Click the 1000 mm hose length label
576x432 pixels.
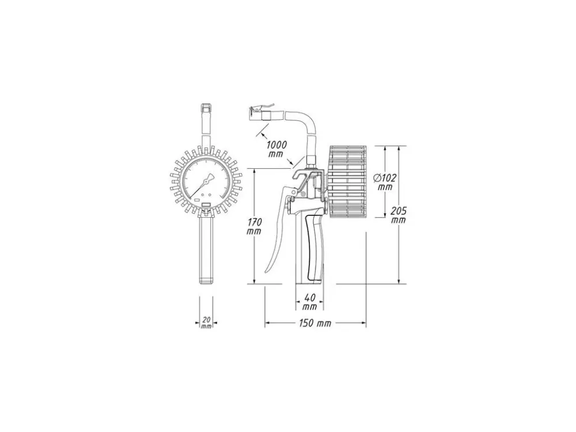[x=276, y=149]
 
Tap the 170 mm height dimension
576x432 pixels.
[x=254, y=226]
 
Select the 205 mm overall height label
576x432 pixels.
[x=399, y=215]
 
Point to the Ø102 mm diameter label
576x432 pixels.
[x=385, y=183]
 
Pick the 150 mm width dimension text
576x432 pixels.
[x=315, y=323]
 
